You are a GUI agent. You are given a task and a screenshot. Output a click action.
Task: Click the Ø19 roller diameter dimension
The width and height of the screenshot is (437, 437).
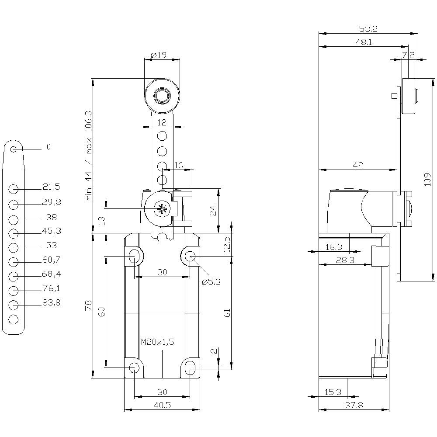[159, 55]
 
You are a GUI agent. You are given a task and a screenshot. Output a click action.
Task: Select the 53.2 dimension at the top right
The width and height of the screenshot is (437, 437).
[368, 29]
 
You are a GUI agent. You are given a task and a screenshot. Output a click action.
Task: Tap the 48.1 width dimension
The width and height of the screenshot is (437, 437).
[363, 42]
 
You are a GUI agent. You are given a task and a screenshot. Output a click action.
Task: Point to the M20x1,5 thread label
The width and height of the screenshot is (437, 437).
[157, 342]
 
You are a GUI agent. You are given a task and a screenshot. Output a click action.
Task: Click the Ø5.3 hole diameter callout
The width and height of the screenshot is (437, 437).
[211, 282]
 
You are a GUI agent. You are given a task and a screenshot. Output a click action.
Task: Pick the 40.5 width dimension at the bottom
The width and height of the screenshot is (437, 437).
[162, 405]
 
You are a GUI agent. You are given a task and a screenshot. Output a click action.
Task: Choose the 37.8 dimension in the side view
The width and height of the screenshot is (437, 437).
[354, 405]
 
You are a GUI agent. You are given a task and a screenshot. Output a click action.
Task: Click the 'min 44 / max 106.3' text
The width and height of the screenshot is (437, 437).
[89, 155]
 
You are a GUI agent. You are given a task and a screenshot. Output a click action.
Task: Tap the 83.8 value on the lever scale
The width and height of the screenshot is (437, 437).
[52, 302]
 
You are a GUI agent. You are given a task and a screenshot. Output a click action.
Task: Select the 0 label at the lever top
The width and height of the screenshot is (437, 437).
[49, 147]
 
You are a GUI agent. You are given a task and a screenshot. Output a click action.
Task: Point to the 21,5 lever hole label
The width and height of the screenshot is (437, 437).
[51, 187]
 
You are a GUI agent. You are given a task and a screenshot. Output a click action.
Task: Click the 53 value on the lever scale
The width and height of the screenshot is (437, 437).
[51, 245]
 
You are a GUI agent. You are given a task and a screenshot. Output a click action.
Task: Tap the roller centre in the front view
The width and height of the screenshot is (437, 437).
[162, 95]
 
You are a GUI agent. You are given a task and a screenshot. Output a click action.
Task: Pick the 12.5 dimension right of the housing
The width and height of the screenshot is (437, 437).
[226, 245]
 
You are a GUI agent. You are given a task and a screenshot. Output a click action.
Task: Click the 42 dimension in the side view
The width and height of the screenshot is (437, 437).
[358, 165]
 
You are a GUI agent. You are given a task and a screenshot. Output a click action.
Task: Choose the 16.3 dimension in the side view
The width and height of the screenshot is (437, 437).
[334, 247]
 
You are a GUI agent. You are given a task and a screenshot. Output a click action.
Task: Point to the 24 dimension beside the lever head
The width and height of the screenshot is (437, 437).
[213, 212]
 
